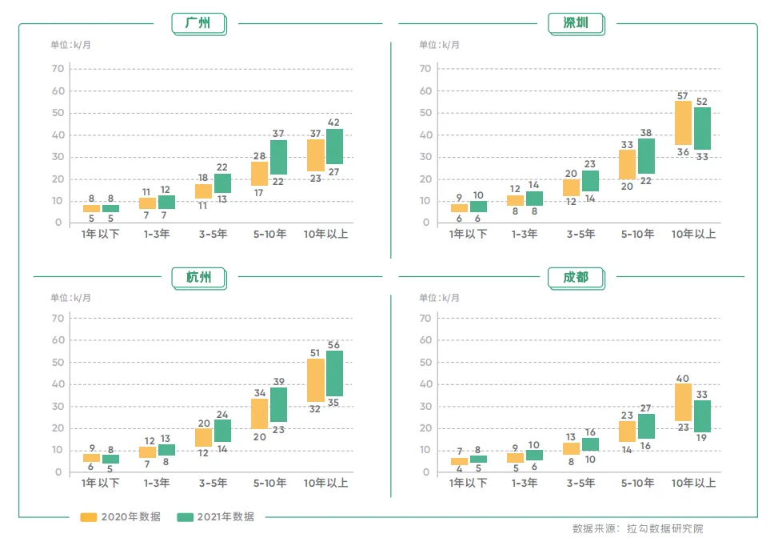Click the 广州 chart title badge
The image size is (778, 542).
197,23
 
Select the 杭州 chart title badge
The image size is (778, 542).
198,277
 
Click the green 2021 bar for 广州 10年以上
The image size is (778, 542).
334,147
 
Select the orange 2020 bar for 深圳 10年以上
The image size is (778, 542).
683,122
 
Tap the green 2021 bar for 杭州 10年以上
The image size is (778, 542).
334,373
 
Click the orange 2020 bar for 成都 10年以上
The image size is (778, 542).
683,402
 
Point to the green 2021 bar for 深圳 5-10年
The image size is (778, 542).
646,156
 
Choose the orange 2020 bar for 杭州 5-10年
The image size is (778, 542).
259,413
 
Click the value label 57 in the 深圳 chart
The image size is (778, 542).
683,95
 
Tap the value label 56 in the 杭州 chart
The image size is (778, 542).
334,345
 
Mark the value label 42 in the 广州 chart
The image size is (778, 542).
334,122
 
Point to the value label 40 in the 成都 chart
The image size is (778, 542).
683,378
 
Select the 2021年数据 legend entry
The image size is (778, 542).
215,516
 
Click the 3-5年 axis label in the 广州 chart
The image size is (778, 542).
213,235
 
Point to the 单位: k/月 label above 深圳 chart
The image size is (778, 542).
439,44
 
